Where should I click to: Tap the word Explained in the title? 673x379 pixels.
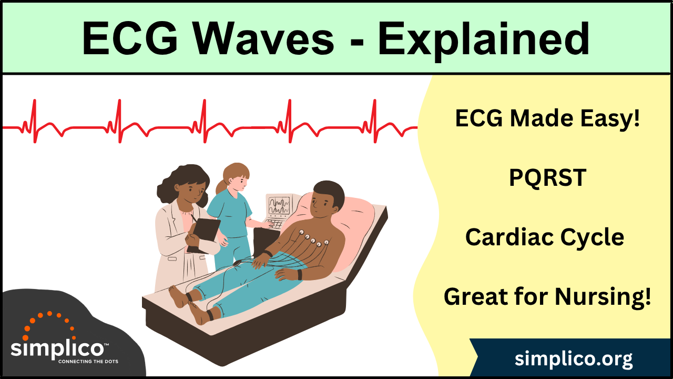coord(484,39)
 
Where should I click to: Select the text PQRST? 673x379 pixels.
coord(547,178)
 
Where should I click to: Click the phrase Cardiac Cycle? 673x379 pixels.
coord(545,237)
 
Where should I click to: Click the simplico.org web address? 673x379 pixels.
coord(574,359)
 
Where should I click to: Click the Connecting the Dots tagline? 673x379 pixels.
coord(88,362)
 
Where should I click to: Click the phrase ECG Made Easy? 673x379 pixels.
coord(547,119)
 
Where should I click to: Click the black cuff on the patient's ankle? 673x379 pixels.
coord(210,315)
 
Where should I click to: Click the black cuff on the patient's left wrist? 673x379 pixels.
coord(300,274)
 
